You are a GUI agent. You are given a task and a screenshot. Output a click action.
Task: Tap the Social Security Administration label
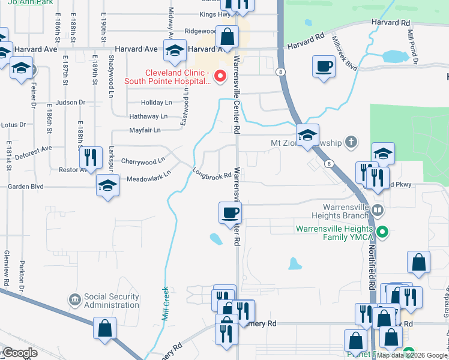pyautogui.click(x=112, y=301)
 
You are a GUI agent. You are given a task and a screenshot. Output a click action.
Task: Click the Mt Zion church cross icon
pyautogui.click(x=351, y=142)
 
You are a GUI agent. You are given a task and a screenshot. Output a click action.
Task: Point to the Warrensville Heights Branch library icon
pyautogui.click(x=378, y=211)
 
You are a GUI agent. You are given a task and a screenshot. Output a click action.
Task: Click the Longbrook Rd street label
pyautogui.click(x=212, y=174)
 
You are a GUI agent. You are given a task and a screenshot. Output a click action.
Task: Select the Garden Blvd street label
pyautogui.click(x=26, y=187)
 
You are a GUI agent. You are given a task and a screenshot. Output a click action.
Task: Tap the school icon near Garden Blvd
pyautogui.click(x=108, y=185)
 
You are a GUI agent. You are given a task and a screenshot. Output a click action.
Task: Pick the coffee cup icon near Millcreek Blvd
pyautogui.click(x=324, y=66)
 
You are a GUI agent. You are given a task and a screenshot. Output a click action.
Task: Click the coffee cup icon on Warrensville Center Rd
pyautogui.click(x=231, y=212)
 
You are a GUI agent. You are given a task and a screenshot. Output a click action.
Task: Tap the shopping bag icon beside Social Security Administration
pyautogui.click(x=105, y=328)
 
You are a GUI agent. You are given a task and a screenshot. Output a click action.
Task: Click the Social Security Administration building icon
pyautogui.click(x=75, y=299)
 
